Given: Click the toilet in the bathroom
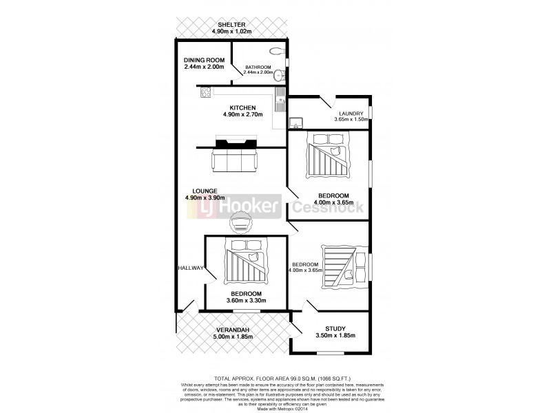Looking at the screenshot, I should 277,51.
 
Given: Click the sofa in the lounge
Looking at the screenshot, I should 235,162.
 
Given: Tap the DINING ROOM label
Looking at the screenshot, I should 205,60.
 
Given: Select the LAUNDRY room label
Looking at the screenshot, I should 351,114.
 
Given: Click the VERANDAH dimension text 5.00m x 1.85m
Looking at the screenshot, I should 233,337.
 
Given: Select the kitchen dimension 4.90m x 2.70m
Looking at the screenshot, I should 243,115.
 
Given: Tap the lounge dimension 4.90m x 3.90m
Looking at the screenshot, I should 205,198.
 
